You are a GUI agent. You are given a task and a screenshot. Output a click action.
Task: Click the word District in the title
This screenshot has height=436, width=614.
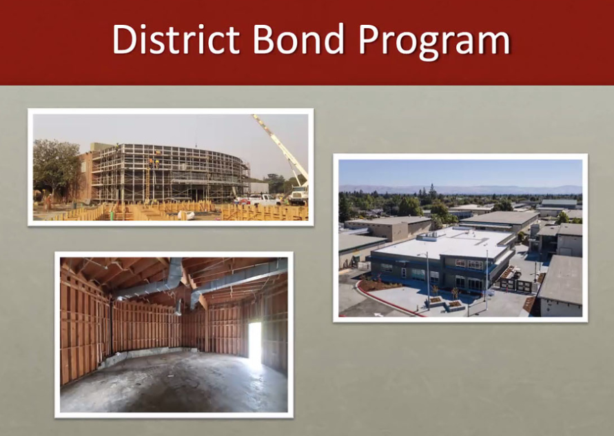point(176,39)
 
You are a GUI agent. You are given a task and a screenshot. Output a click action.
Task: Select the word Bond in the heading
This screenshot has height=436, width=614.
point(298,39)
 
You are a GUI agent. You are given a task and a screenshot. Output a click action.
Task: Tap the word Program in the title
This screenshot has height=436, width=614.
point(434,42)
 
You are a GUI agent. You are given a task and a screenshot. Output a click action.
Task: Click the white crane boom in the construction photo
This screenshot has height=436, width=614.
point(280,148)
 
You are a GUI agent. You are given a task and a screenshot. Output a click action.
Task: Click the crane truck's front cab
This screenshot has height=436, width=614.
point(299,195)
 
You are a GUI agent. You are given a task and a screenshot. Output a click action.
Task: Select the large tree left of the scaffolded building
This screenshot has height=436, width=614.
point(56,167)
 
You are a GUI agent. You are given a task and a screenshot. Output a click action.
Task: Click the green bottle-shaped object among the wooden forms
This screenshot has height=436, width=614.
point(112,215)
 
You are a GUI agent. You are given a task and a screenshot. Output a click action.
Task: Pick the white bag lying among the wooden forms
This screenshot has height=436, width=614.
point(185,215)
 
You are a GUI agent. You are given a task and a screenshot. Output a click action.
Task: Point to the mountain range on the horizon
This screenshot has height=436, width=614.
point(460,190)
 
